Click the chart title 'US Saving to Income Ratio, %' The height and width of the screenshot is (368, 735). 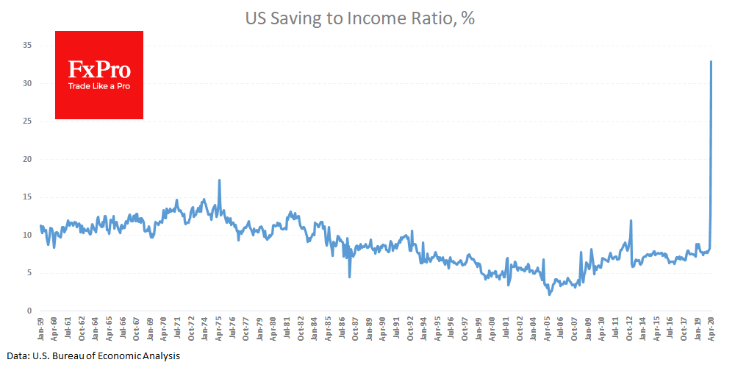pos(359,19)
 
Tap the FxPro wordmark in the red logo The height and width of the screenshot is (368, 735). pos(99,71)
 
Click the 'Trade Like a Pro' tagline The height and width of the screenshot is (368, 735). pos(99,86)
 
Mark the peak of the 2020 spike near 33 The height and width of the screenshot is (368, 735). pos(711,61)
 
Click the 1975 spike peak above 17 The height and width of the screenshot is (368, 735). pos(219,180)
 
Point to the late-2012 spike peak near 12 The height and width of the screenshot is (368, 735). pos(631,220)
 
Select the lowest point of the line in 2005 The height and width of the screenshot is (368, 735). pos(550,295)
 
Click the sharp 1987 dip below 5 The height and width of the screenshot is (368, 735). pos(350,277)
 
